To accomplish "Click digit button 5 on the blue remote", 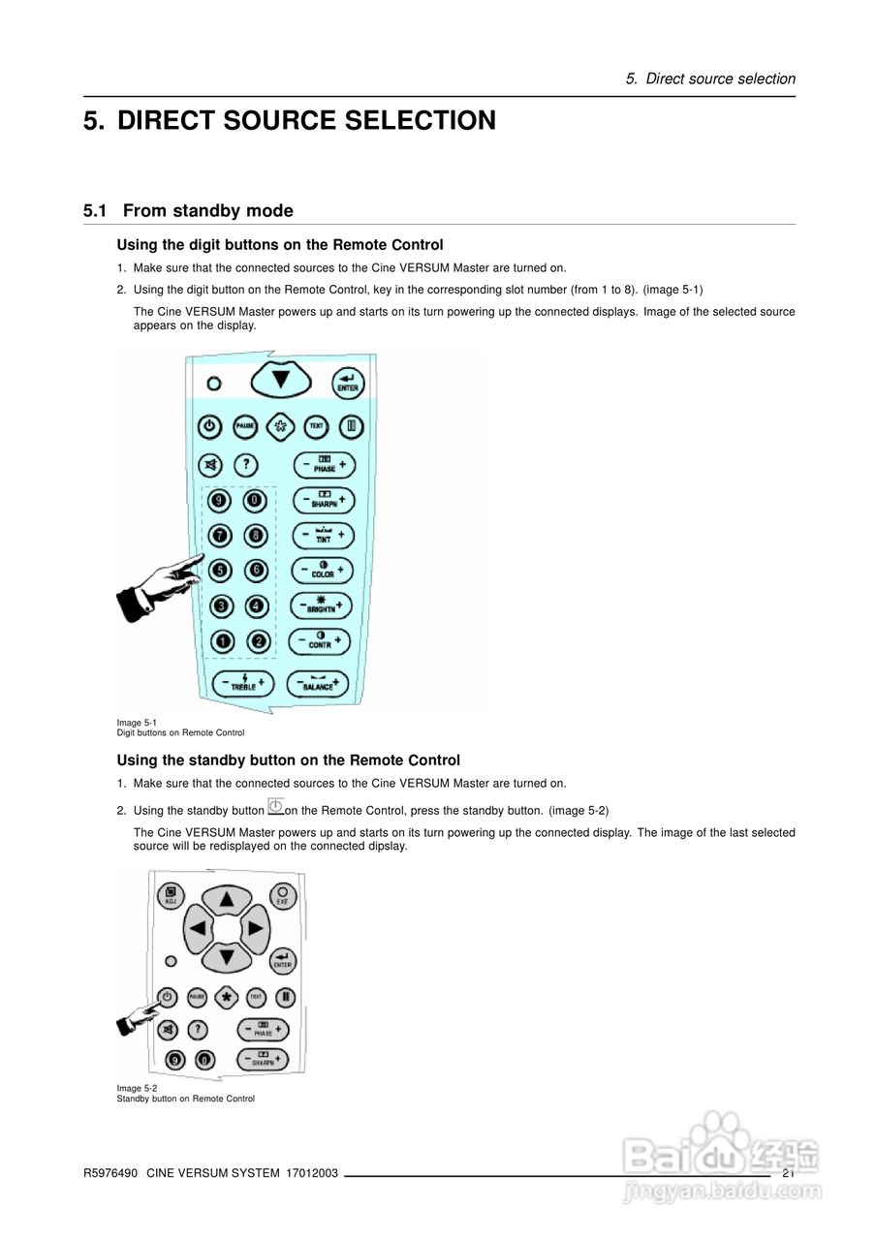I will [x=221, y=571].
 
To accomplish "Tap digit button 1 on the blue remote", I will [x=223, y=640].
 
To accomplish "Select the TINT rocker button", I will [x=323, y=535].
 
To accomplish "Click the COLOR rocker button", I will [x=323, y=570].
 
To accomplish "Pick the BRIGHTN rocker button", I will [x=321, y=605].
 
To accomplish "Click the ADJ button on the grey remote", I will [x=171, y=894].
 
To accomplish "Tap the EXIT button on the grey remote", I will [x=282, y=894].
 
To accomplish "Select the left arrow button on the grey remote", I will [x=198, y=928].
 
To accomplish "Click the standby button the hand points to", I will [x=167, y=997].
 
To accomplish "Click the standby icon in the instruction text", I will [x=275, y=807].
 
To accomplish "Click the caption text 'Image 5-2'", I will [x=137, y=1088].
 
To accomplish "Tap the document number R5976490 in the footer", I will [x=110, y=1173].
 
